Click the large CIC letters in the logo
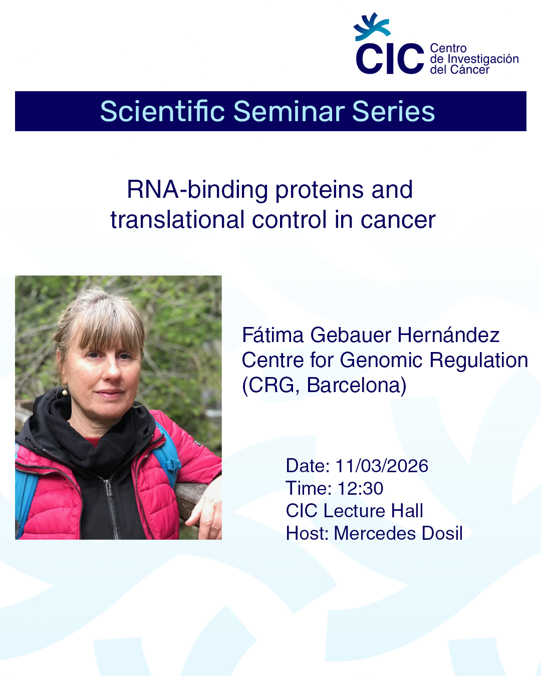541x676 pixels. click(x=390, y=59)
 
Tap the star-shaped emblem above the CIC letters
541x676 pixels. click(x=372, y=27)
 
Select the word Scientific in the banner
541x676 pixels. click(x=162, y=112)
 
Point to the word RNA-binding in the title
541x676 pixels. click(x=197, y=191)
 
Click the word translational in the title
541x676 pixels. click(x=177, y=219)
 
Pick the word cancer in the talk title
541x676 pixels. click(x=398, y=220)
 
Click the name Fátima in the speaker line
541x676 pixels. click(x=273, y=335)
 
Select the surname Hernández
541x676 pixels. click(x=448, y=335)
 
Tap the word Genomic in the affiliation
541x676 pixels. click(x=381, y=360)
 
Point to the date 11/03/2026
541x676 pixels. click(x=382, y=466)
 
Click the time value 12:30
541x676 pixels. click(x=360, y=488)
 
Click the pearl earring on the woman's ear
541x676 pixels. click(x=65, y=392)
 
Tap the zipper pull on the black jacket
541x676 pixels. click(x=109, y=490)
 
